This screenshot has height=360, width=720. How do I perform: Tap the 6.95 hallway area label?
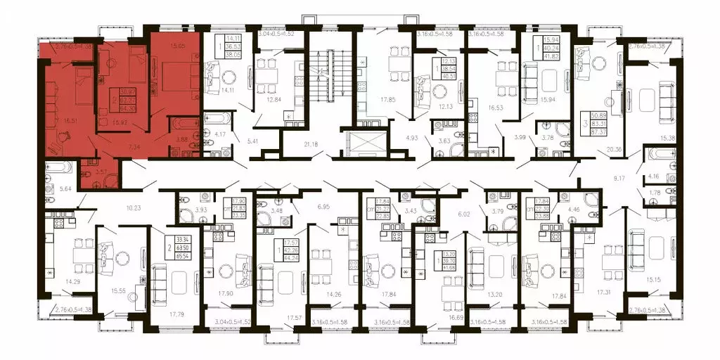click(323, 209)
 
